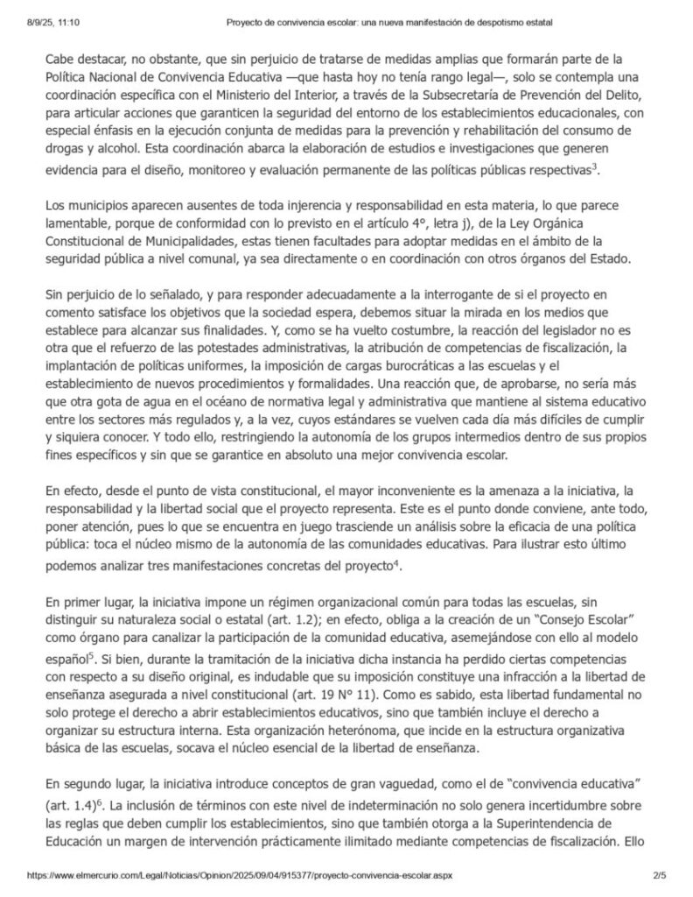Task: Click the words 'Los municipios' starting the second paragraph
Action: (x=84, y=207)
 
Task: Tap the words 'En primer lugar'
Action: (x=87, y=602)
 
